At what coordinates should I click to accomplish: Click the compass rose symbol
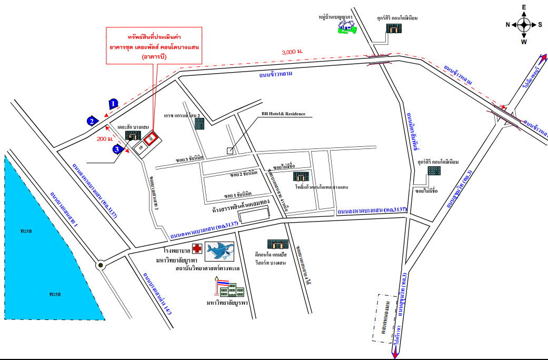(x=524, y=24)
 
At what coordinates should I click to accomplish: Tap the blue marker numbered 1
(x=114, y=104)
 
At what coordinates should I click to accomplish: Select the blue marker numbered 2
(x=92, y=121)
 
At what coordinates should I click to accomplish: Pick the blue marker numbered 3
(x=119, y=148)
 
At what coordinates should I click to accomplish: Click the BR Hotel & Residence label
(x=283, y=114)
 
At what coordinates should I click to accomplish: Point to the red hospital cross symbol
(x=196, y=249)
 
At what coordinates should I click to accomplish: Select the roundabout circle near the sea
(x=100, y=266)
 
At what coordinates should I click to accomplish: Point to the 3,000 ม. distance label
(x=292, y=52)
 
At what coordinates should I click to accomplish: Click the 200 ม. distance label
(x=105, y=139)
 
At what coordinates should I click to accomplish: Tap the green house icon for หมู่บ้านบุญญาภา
(x=346, y=27)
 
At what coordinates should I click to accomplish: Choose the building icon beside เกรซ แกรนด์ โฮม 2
(x=200, y=124)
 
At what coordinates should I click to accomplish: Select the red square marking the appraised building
(x=151, y=138)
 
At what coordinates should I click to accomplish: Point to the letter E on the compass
(x=524, y=7)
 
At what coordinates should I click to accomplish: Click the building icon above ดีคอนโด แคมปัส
(x=277, y=244)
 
